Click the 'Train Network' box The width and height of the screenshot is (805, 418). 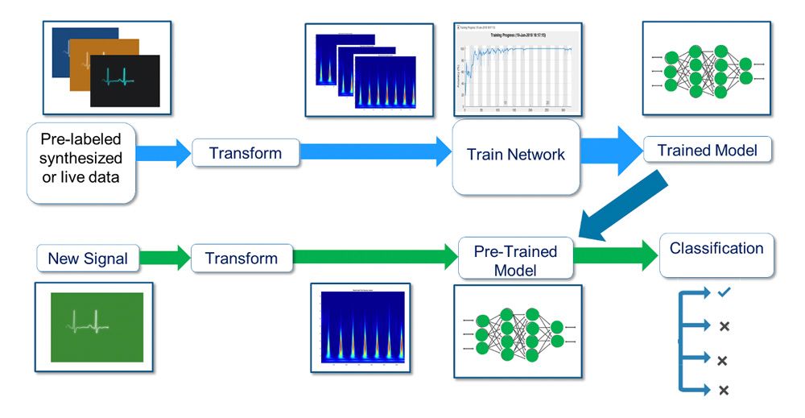(516, 155)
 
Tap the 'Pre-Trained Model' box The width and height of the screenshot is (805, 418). (518, 260)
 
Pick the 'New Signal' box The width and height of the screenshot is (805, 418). (87, 259)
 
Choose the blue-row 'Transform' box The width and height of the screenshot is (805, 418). (246, 152)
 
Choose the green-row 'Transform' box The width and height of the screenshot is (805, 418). (242, 259)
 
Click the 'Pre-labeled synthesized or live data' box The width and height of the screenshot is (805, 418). (80, 162)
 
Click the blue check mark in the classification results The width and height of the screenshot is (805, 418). (722, 294)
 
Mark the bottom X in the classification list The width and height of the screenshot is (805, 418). (723, 390)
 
